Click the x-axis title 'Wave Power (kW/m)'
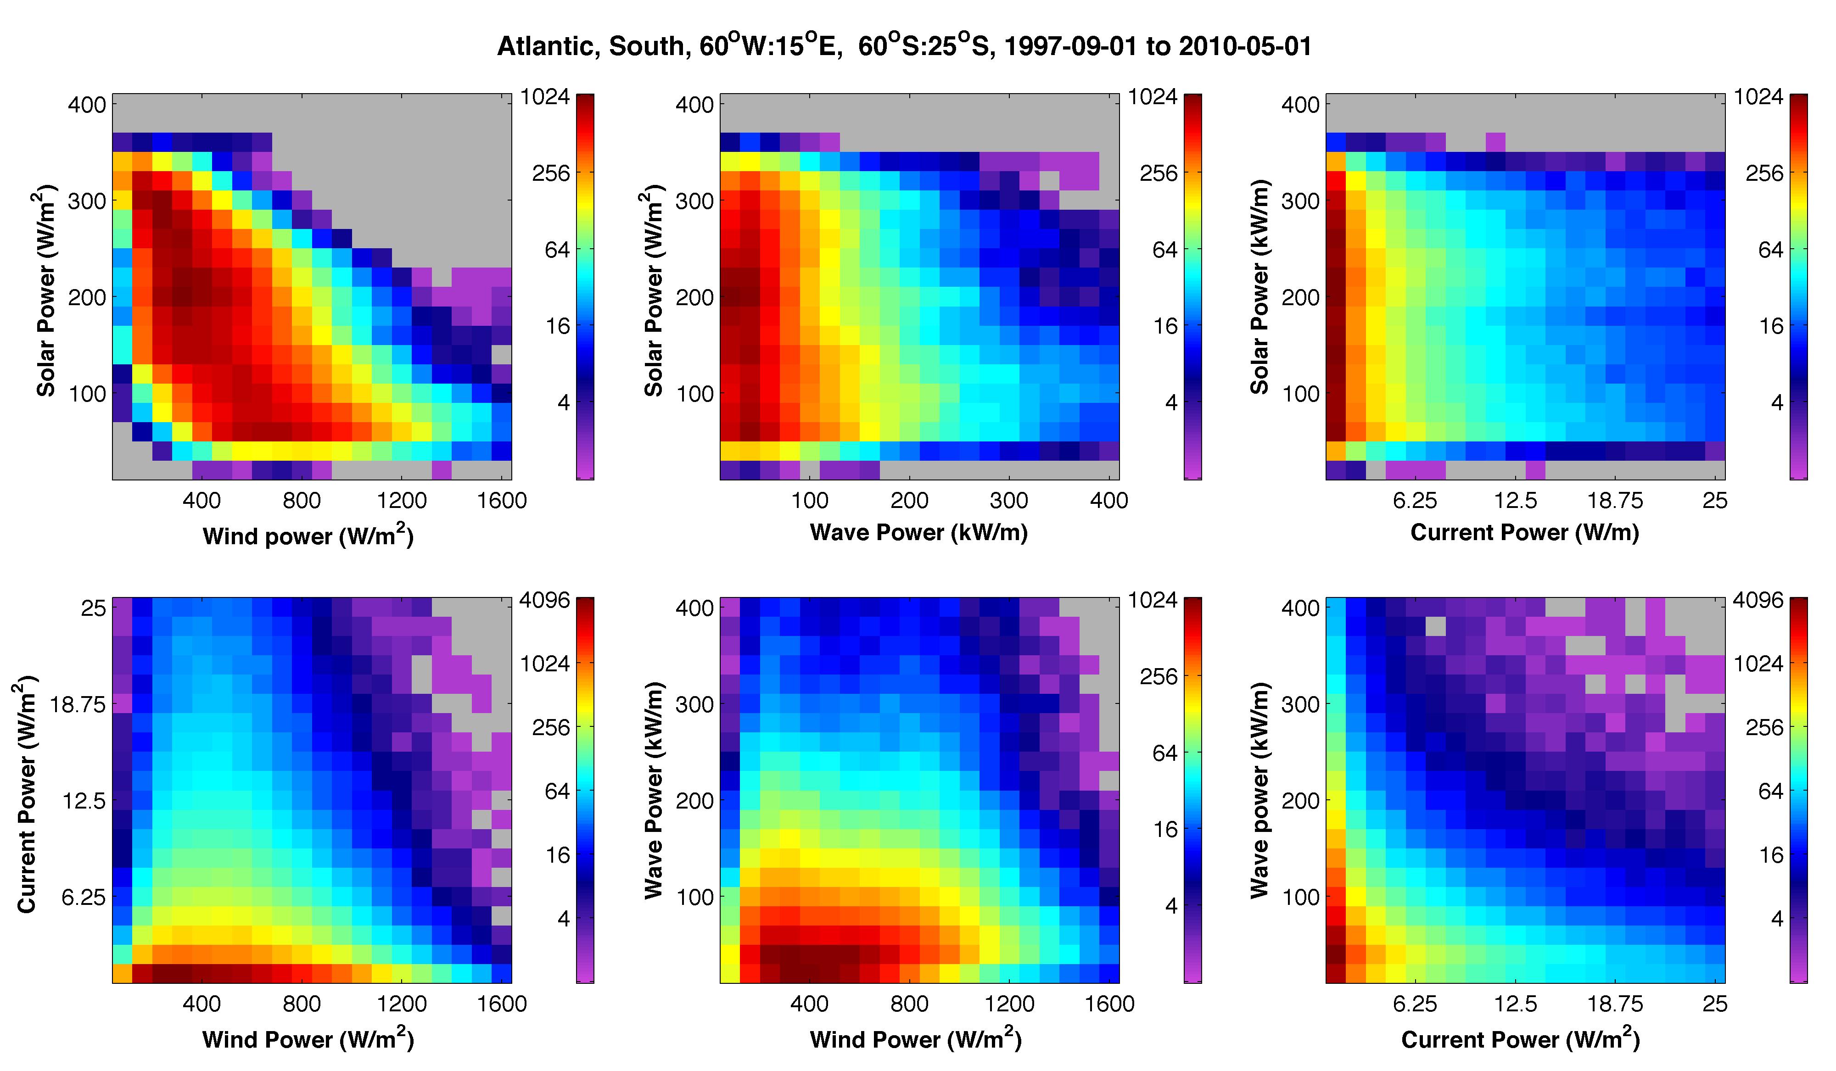click(919, 533)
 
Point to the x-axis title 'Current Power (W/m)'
click(1525, 533)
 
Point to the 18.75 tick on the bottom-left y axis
click(77, 704)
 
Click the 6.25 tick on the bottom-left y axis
click(84, 897)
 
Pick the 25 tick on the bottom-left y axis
click(93, 608)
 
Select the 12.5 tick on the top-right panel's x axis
click(1516, 501)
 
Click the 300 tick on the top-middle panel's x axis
click(1009, 501)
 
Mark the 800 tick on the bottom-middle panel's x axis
click(909, 1004)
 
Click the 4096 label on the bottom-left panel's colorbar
click(545, 600)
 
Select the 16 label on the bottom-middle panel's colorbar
click(1166, 829)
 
